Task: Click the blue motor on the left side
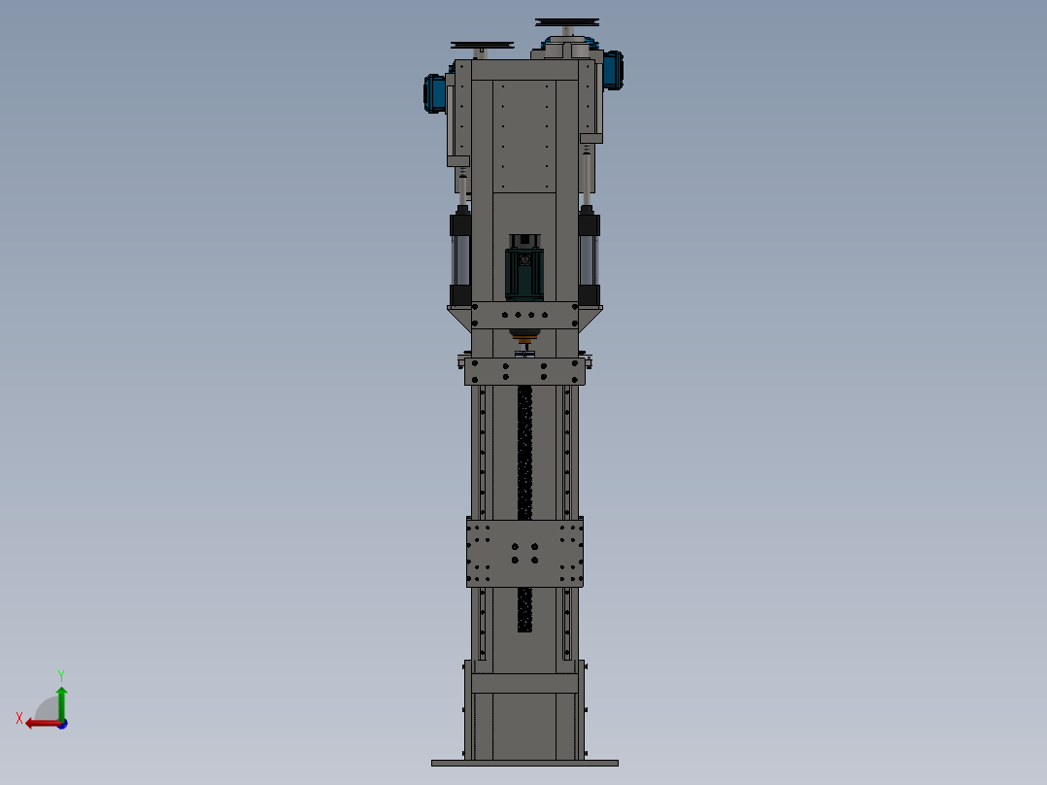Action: coord(435,93)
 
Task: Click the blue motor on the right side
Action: coord(612,70)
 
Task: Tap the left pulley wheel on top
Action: coord(482,45)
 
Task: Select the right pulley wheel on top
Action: coord(567,22)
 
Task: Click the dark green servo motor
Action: coord(524,272)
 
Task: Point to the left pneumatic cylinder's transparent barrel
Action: coord(460,259)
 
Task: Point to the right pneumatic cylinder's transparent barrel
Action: coord(589,259)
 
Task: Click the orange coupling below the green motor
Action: coord(524,339)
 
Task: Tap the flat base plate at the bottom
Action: coord(524,763)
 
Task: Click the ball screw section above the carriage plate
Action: coord(524,452)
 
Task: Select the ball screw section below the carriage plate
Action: coord(524,609)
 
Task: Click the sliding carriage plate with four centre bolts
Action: coord(524,552)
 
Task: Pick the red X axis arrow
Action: coord(41,723)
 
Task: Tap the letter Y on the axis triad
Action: coord(60,674)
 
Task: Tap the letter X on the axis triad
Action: coord(19,718)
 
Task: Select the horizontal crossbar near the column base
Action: coord(524,683)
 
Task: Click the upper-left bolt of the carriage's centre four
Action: coord(515,546)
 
